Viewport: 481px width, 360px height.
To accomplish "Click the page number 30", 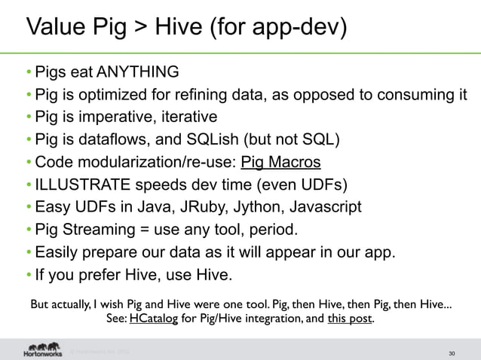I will (x=451, y=352).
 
